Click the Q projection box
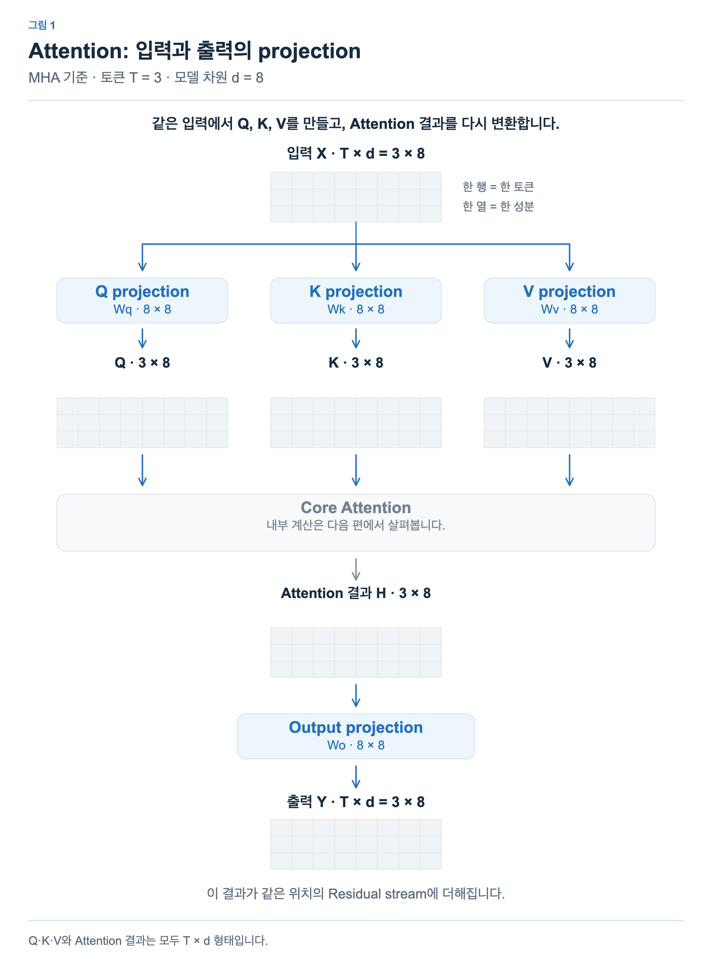point(142,300)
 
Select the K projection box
point(356,300)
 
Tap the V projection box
point(569,300)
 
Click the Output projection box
point(356,736)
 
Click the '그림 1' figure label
point(42,25)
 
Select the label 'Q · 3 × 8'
point(142,362)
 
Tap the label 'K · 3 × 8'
point(356,362)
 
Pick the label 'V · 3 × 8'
point(569,362)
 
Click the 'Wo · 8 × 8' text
point(356,745)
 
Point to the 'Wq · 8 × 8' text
point(142,309)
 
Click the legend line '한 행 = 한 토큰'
point(498,186)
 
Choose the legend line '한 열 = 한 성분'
point(498,206)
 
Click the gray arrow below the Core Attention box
point(356,569)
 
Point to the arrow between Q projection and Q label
point(142,338)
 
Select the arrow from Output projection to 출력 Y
point(356,777)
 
